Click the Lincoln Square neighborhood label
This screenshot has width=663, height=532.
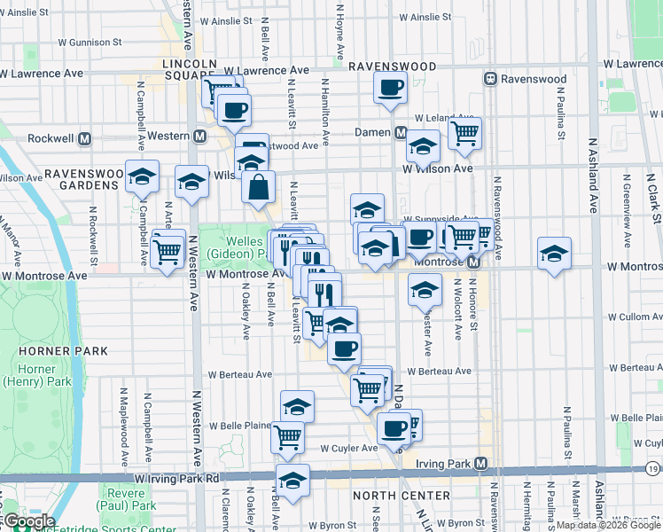[189, 71]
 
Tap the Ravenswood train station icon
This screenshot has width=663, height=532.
[489, 79]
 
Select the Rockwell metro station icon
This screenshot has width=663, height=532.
[85, 139]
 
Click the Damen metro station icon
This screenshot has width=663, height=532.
[401, 133]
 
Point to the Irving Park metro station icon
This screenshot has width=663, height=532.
[481, 464]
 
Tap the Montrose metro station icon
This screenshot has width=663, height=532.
[473, 262]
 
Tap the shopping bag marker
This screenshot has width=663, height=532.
[258, 188]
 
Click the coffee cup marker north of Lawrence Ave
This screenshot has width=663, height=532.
[390, 88]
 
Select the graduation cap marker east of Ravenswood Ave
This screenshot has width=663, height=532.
[554, 254]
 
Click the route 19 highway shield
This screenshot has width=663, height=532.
[653, 467]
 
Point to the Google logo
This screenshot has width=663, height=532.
[28, 521]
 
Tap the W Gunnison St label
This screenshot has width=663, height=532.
[90, 42]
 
